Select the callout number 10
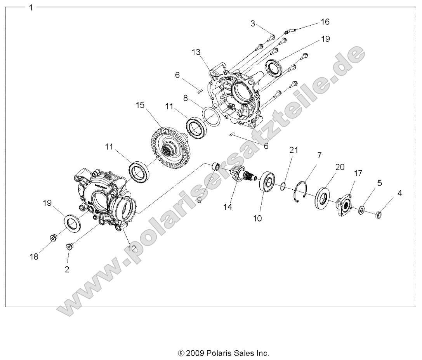click(x=258, y=218)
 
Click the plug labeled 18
click(x=53, y=238)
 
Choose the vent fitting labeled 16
click(x=289, y=29)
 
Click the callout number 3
click(x=253, y=24)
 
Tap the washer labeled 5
click(x=362, y=210)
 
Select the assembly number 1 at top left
click(x=31, y=7)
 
